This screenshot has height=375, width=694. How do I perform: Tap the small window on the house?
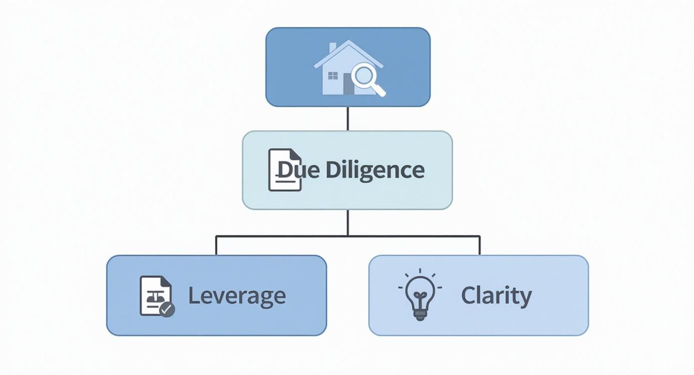(333, 76)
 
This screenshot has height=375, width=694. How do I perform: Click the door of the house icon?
(348, 84)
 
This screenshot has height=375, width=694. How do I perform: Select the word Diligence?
(375, 171)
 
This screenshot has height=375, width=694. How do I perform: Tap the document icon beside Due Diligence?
(285, 170)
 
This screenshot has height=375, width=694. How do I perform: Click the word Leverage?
(237, 296)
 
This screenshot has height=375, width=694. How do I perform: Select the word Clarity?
(497, 296)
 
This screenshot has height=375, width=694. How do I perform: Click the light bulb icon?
(420, 294)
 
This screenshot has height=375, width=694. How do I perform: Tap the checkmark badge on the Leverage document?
(167, 309)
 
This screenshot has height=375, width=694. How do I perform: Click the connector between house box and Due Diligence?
(348, 119)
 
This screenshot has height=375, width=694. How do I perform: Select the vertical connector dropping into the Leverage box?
(216, 246)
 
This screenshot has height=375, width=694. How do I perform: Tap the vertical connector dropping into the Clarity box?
(480, 246)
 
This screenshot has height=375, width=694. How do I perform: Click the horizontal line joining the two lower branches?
(348, 236)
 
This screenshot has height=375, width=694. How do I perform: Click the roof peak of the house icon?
(348, 41)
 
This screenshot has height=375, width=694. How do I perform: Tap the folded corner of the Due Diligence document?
(295, 154)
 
